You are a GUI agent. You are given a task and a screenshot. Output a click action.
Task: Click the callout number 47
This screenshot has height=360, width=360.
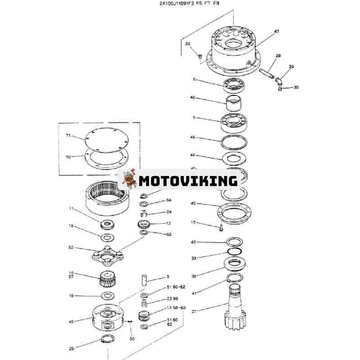click(x=276, y=32)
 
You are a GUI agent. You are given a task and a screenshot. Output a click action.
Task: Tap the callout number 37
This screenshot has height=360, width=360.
click(x=194, y=310)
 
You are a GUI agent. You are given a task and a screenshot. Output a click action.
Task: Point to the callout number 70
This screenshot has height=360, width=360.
click(x=68, y=157)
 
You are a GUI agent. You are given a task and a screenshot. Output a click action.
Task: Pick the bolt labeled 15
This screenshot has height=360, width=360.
click(x=220, y=228)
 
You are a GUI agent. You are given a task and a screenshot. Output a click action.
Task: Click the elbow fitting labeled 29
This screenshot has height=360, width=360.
click(x=279, y=80)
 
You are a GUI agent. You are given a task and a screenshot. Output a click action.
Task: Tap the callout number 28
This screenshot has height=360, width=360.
click(x=278, y=56)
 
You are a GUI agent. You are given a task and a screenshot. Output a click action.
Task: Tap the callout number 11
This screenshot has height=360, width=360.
click(x=71, y=209)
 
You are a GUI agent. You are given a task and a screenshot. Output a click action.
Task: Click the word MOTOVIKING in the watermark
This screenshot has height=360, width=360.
click(x=188, y=181)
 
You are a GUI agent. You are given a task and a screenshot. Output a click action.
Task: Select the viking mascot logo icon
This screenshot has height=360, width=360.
click(x=127, y=180)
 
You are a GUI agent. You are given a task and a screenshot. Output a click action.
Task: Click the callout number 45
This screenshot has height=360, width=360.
click(x=193, y=203)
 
